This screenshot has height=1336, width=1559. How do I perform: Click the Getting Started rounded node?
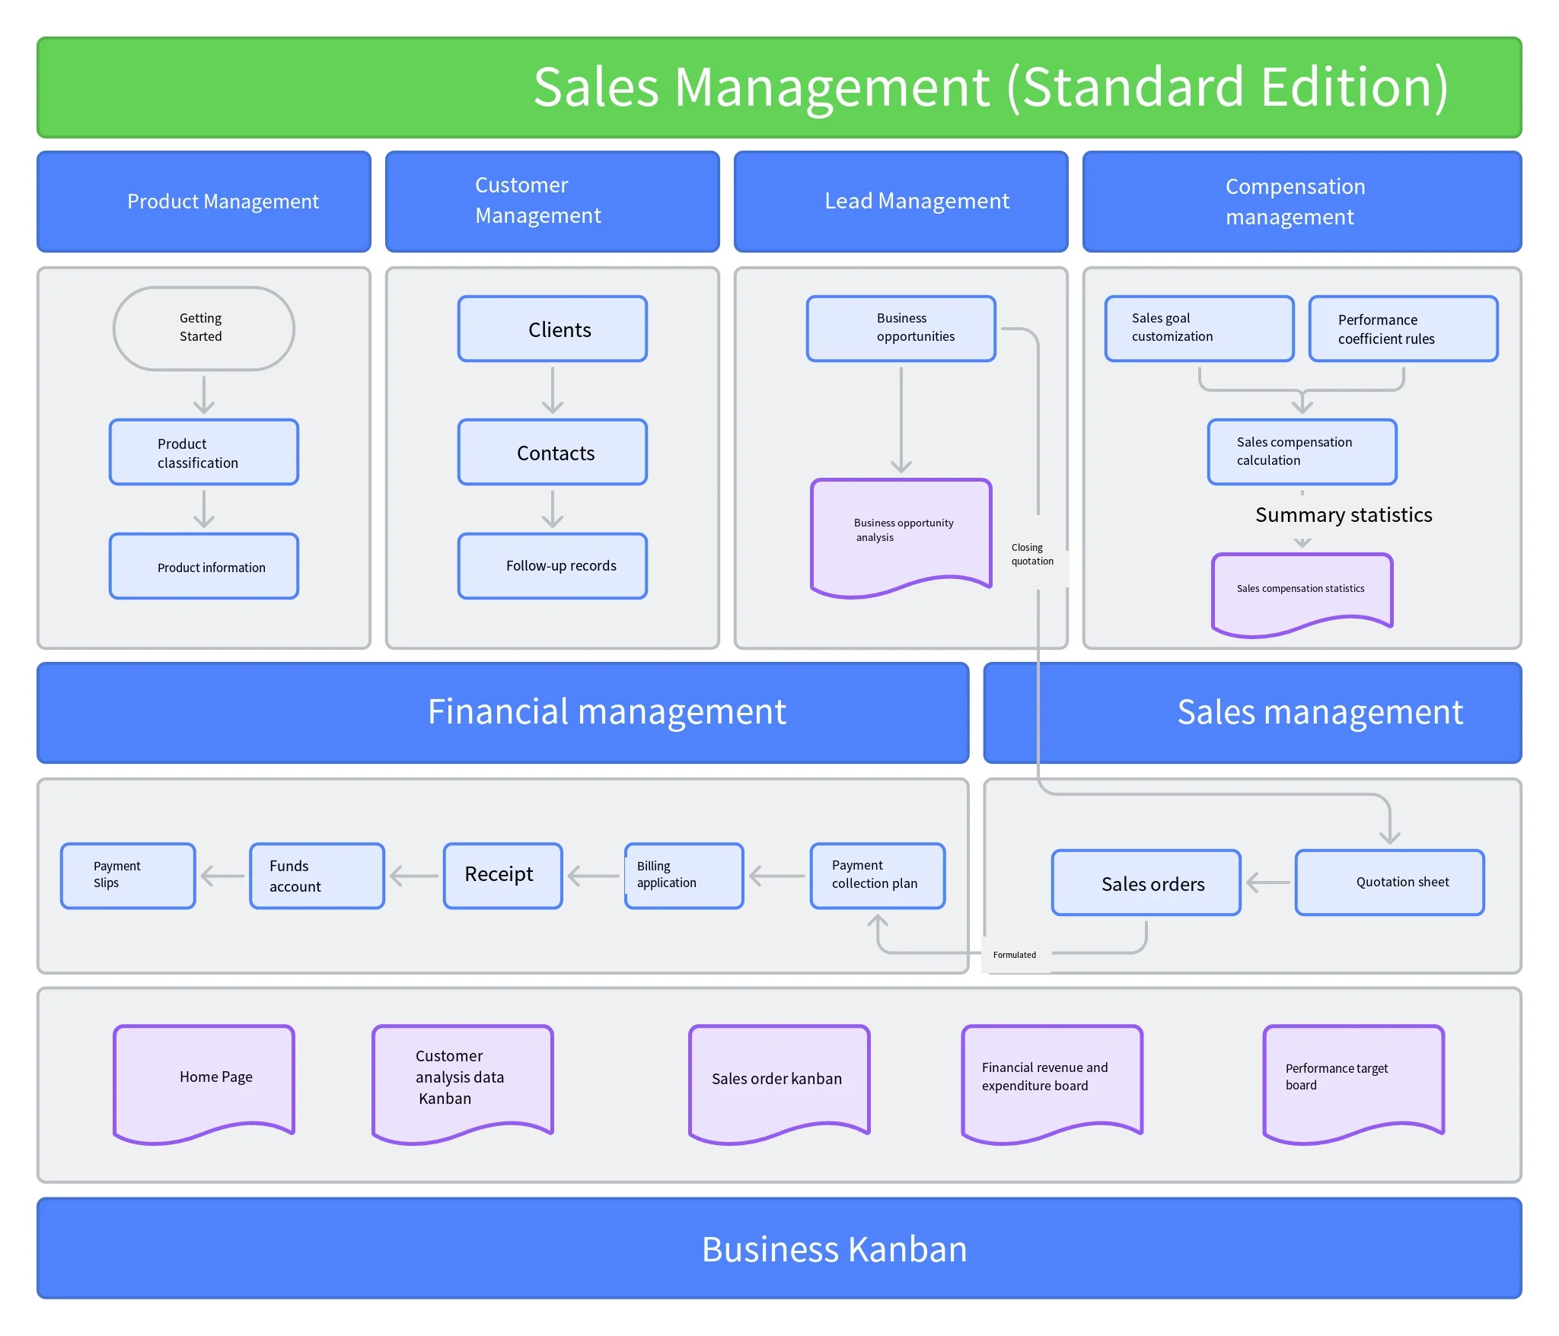pos(203,329)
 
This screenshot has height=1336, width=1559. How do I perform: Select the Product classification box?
pos(203,452)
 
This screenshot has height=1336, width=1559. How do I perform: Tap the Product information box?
pos(203,566)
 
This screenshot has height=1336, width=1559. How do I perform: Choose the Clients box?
pos(552,329)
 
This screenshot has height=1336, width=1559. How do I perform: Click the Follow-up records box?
pos(552,566)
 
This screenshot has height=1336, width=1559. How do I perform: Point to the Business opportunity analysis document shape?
pos(901,533)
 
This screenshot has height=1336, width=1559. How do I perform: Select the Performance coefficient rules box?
pos(1402,329)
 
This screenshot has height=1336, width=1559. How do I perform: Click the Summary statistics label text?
pos(1344,515)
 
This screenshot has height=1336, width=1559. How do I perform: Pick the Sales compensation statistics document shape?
pos(1302,590)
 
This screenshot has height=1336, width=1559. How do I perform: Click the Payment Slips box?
pos(128,875)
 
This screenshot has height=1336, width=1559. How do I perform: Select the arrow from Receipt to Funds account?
pos(414,876)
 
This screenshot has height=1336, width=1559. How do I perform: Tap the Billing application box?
pos(684,875)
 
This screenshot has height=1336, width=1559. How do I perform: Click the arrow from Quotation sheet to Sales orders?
pos(1268,883)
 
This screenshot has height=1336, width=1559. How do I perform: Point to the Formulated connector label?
pos(1015,955)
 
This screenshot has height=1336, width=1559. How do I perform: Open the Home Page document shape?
pos(203,1078)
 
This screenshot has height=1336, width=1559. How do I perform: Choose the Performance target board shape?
pos(1353,1078)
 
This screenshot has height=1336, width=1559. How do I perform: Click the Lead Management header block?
pos(901,201)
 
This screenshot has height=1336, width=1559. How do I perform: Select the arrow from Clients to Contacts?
pos(552,390)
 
